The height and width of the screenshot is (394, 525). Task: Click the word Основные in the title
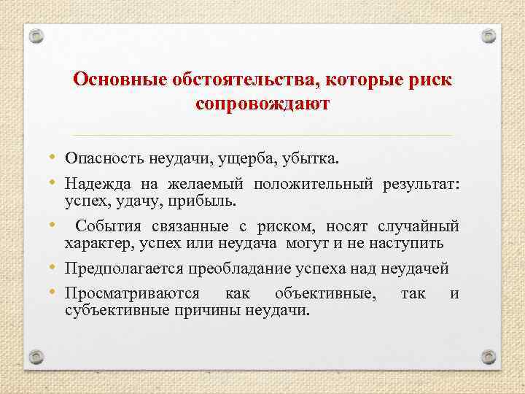click(x=120, y=80)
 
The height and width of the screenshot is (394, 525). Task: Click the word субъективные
click(x=117, y=311)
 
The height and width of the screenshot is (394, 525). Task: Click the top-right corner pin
click(x=489, y=36)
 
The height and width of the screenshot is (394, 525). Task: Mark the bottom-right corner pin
click(x=489, y=357)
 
